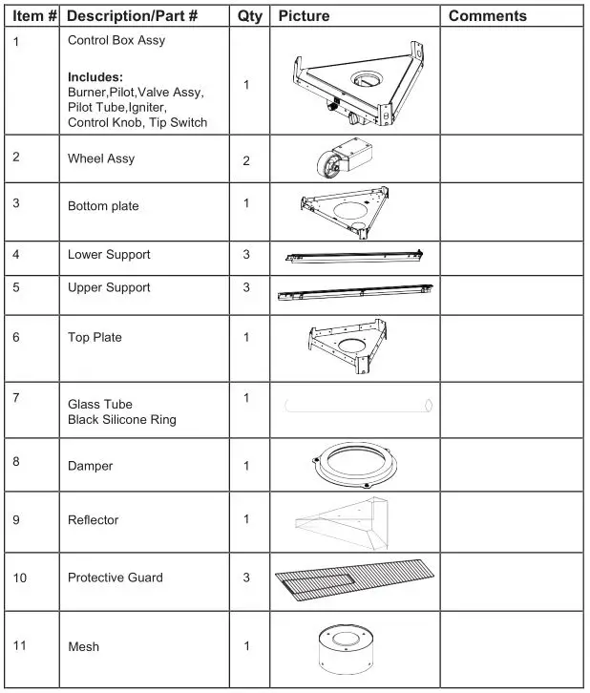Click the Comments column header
pos(487,16)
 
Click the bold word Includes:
pos(95,75)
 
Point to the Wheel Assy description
pos(100,158)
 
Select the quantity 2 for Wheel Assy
pos(246,160)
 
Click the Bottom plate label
pos(103,206)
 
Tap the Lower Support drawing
pos(353,256)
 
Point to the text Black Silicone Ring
pos(121,420)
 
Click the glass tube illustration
pos(358,406)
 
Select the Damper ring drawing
pos(356,465)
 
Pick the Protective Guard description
pos(115,577)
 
